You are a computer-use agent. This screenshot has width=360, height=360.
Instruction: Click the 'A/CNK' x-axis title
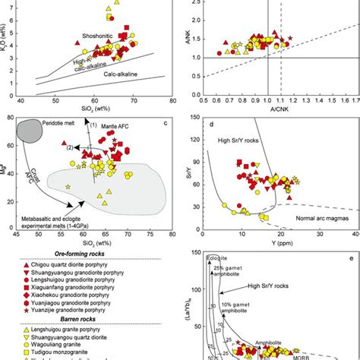279,108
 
